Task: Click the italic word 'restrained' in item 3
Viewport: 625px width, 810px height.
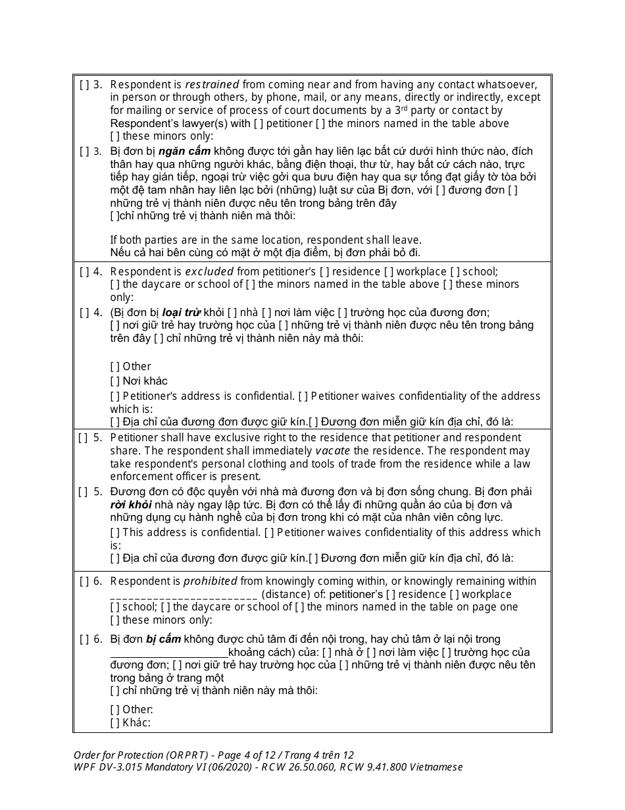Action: point(212,84)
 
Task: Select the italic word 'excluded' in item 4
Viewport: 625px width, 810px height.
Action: point(209,271)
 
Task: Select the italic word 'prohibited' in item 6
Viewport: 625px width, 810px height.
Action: point(210,581)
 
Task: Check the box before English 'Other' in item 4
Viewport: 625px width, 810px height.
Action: point(115,367)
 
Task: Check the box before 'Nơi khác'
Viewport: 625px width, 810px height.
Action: point(115,381)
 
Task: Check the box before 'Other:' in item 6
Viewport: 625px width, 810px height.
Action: point(115,709)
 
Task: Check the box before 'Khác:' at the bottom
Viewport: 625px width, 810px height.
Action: point(115,722)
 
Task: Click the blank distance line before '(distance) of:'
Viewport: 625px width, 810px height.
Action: point(184,595)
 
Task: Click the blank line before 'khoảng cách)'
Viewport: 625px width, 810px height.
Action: point(169,653)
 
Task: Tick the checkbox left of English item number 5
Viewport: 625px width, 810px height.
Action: point(84,438)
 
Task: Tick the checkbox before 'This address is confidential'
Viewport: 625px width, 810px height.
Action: point(115,532)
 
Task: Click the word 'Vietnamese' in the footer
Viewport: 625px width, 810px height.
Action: point(436,767)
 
